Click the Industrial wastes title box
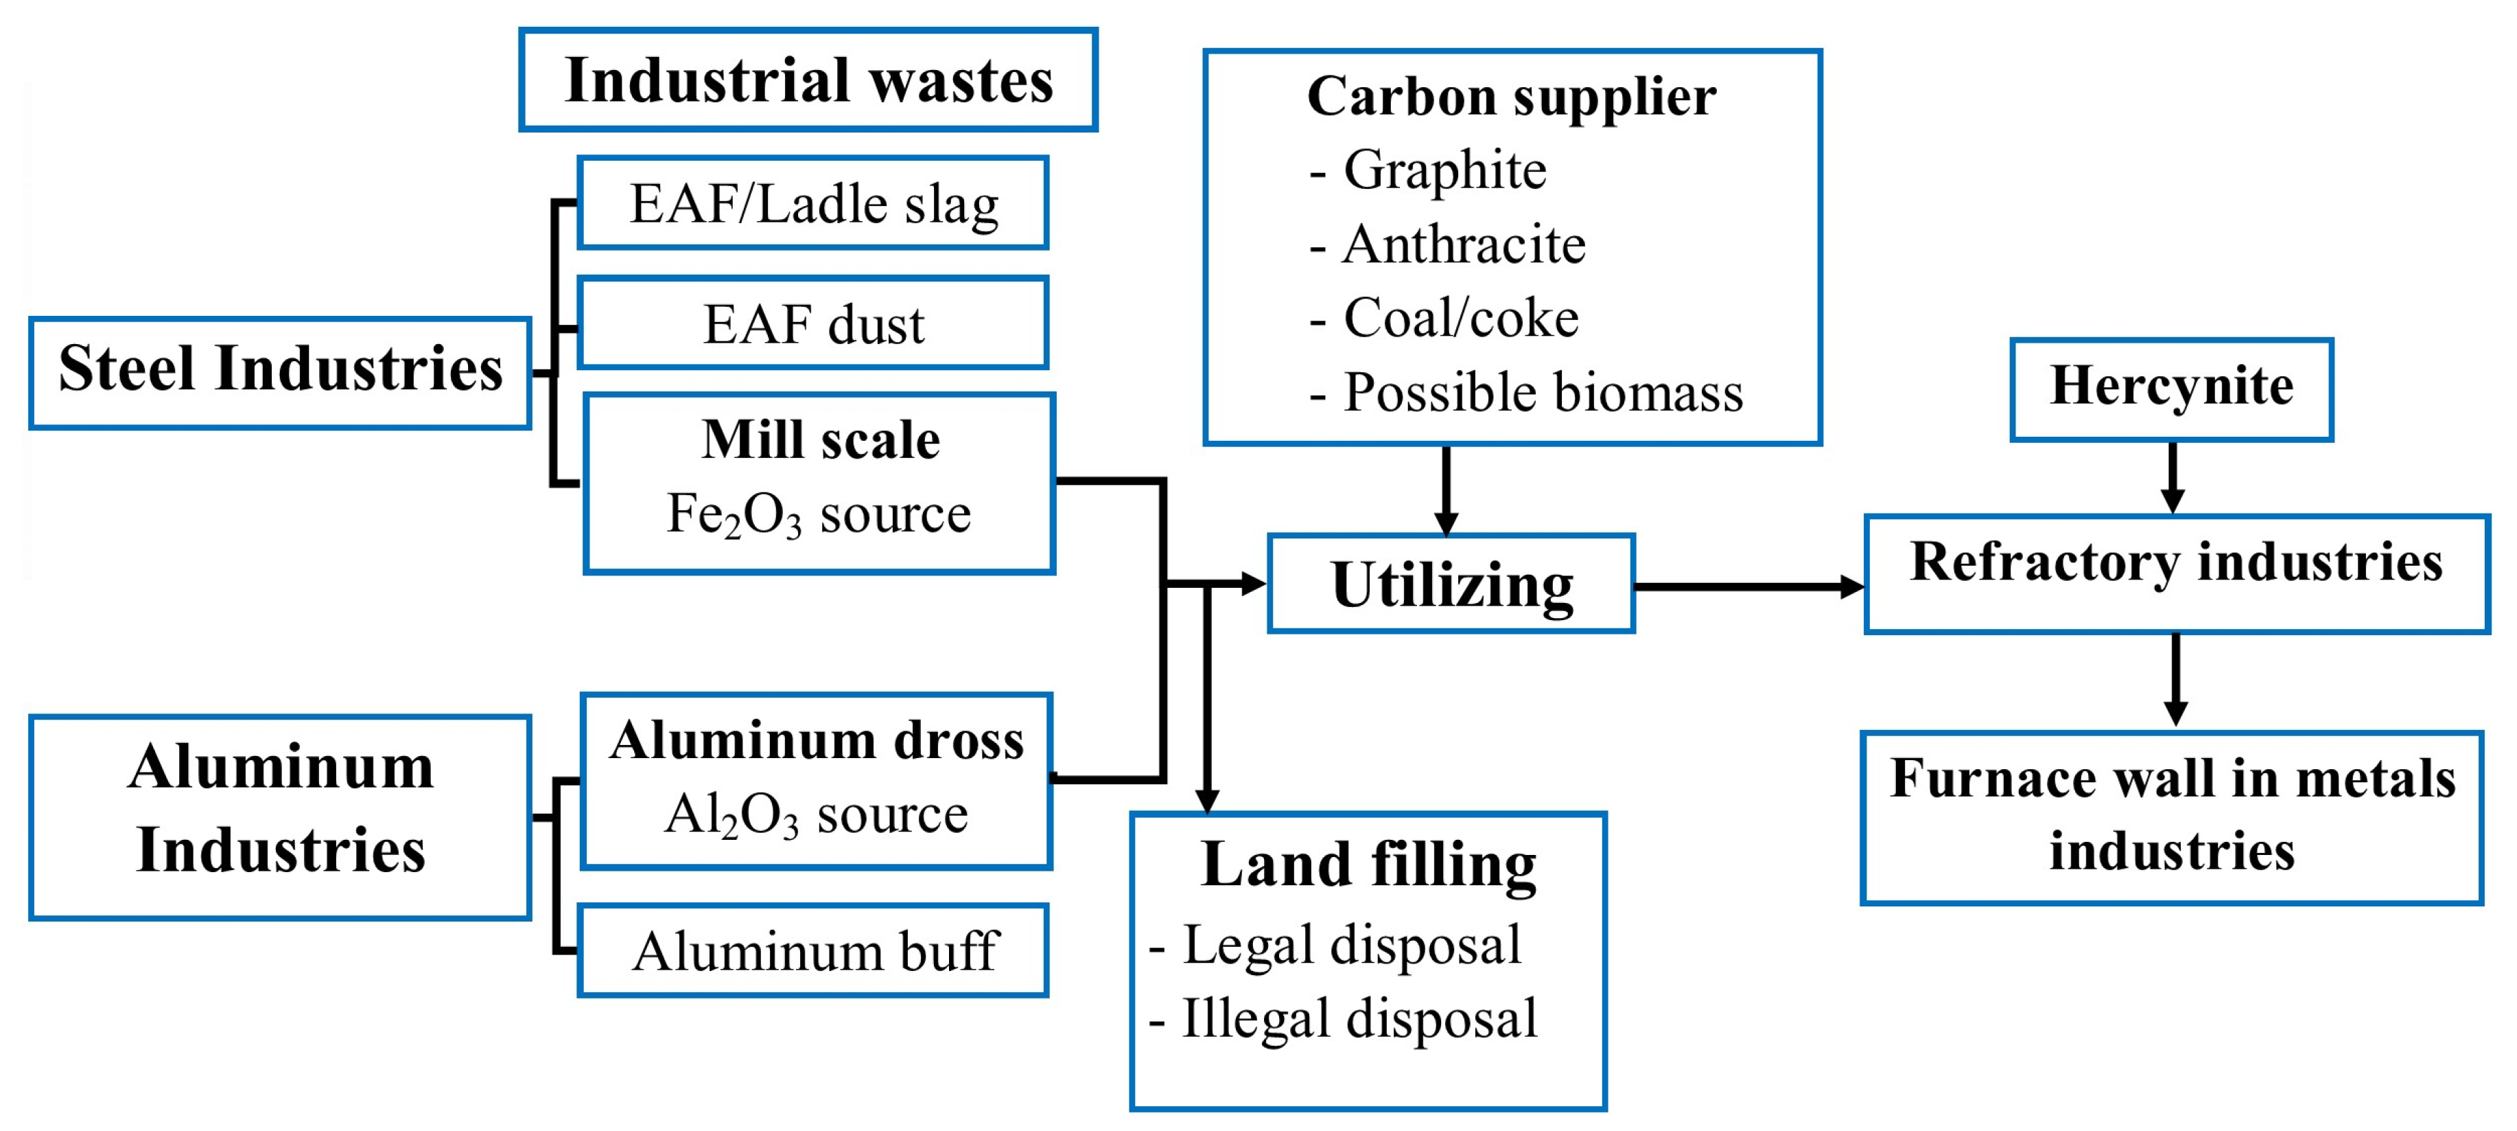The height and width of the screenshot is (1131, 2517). click(x=808, y=80)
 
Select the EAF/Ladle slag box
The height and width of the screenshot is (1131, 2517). click(x=813, y=203)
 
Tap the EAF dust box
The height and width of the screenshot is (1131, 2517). click(x=813, y=323)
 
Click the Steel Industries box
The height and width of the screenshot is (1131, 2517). click(x=281, y=372)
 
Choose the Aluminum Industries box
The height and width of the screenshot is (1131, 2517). click(x=281, y=817)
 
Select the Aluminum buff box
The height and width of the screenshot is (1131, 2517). click(x=813, y=950)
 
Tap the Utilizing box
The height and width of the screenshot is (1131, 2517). click(x=1451, y=584)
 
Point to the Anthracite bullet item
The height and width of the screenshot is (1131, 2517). click(x=1463, y=244)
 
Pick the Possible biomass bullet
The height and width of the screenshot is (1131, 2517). click(x=1542, y=393)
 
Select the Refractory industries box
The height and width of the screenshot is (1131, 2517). click(x=2176, y=574)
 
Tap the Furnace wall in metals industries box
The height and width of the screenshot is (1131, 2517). click(x=2171, y=817)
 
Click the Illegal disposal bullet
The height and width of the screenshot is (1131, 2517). click(x=1358, y=1018)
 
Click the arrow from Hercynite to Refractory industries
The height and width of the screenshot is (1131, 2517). click(x=2171, y=477)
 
